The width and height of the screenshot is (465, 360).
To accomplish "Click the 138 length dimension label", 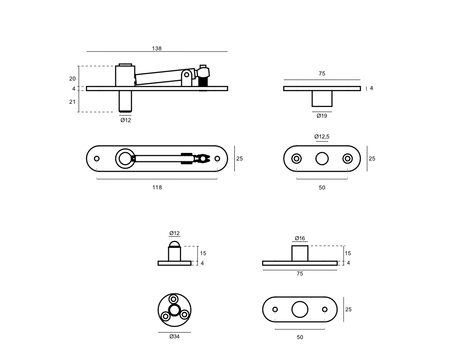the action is click(157, 48).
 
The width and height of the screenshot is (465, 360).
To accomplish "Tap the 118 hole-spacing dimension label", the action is click(157, 187).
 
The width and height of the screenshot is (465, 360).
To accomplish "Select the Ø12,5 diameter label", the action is click(322, 137).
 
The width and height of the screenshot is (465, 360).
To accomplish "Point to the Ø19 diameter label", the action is click(322, 116).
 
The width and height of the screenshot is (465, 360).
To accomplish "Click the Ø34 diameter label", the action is click(174, 337).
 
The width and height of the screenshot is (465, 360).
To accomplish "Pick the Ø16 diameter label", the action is click(300, 238).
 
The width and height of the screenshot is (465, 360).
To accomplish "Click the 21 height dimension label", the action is click(73, 102).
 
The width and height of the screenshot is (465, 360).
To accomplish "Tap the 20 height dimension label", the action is click(73, 79).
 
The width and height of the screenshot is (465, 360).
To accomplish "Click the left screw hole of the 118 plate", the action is click(97, 159).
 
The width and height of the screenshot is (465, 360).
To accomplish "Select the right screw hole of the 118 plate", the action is click(217, 159).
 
